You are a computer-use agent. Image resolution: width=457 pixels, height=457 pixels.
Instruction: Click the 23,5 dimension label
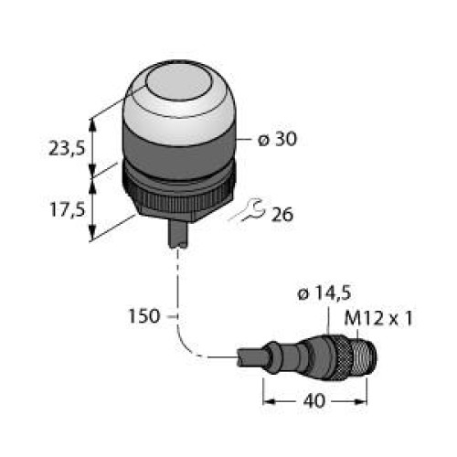[x=67, y=149]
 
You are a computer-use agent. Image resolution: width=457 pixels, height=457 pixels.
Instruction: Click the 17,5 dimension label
[x=67, y=209]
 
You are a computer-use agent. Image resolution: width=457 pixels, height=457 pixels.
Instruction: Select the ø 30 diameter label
[x=277, y=140]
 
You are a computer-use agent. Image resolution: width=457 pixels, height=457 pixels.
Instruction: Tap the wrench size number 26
[x=282, y=214]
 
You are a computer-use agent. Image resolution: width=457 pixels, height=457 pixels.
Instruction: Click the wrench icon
[x=247, y=210]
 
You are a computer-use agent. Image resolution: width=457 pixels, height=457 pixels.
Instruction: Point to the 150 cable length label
[x=144, y=316]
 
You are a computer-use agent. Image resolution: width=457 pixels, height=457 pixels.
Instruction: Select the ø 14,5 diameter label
[x=324, y=292]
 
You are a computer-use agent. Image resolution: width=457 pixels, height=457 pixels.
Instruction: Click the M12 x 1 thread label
[x=378, y=318]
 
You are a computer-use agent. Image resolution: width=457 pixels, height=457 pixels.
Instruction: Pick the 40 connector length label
[x=314, y=401]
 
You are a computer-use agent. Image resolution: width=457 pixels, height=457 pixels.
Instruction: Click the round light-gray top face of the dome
[x=178, y=83]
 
